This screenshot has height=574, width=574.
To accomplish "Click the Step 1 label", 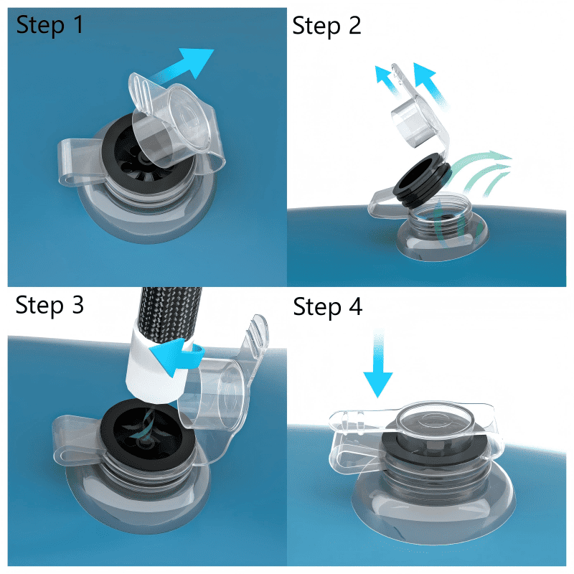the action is [x=50, y=26].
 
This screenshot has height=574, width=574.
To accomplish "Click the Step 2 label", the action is [x=326, y=27].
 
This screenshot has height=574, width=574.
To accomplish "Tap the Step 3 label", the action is [x=50, y=306].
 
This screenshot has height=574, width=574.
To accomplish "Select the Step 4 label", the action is [x=328, y=307].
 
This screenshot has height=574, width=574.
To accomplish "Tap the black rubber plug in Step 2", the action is [x=422, y=180].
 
